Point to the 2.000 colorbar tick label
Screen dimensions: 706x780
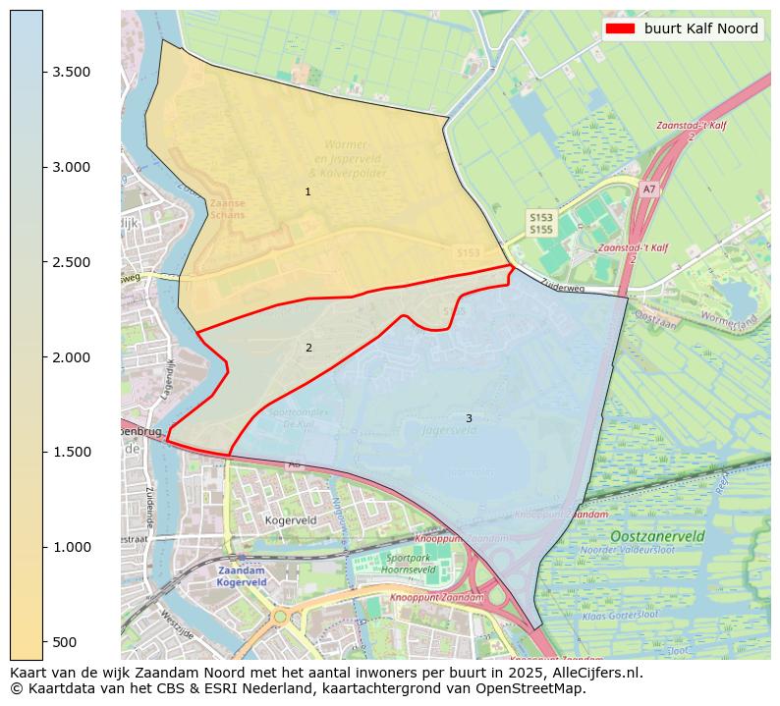70,356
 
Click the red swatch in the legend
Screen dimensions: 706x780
620,28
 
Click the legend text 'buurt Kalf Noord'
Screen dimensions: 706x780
700,28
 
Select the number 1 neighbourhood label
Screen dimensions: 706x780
307,191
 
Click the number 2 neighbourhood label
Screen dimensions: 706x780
308,348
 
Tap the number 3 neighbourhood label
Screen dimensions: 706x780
469,418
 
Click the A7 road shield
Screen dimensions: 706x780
648,189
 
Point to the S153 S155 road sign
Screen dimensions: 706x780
540,223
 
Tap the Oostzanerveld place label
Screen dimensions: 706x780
657,536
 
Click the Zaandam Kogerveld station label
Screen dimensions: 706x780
242,576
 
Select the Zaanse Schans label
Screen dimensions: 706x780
228,209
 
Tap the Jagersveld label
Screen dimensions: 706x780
448,429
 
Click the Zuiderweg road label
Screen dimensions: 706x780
563,288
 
